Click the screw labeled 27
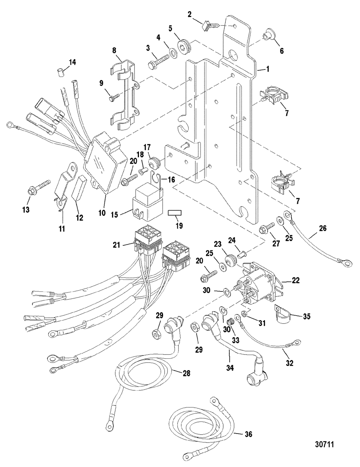tap(267, 227)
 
